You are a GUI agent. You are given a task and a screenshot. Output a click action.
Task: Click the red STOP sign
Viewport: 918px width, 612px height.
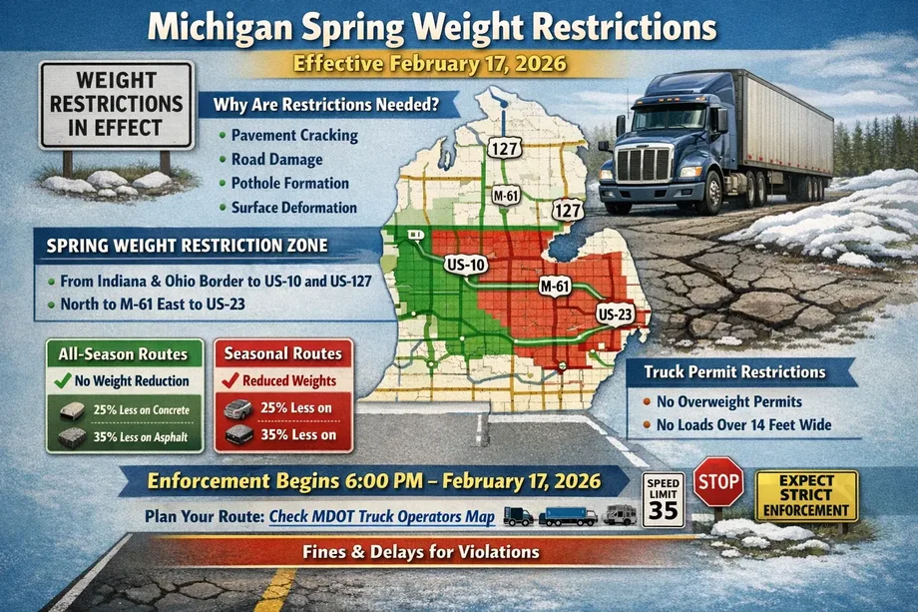pyautogui.click(x=717, y=482)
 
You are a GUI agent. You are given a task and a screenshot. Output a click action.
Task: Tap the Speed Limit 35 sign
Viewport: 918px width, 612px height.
pyautogui.click(x=664, y=498)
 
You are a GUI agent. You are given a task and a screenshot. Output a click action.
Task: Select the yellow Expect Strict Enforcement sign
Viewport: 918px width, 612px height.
pyautogui.click(x=807, y=496)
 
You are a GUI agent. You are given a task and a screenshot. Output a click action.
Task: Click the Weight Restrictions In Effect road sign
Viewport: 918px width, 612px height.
pyautogui.click(x=116, y=106)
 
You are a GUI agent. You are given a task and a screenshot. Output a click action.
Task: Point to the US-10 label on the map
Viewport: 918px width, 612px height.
pyautogui.click(x=466, y=265)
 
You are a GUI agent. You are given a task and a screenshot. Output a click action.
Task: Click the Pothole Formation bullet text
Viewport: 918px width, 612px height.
pyautogui.click(x=289, y=184)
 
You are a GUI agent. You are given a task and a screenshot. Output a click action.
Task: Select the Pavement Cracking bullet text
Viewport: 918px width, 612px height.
pyautogui.click(x=293, y=136)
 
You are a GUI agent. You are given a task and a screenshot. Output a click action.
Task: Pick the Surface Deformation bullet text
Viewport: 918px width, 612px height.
pyautogui.click(x=293, y=208)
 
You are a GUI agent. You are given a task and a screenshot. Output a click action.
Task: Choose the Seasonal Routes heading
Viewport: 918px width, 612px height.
pyautogui.click(x=282, y=353)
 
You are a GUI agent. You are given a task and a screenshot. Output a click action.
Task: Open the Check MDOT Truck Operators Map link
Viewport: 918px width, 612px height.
pyautogui.click(x=382, y=516)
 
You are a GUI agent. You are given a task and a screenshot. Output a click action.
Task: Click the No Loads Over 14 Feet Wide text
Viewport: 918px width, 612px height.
pyautogui.click(x=744, y=426)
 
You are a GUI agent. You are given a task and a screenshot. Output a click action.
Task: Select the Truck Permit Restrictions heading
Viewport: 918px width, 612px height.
pyautogui.click(x=734, y=371)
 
